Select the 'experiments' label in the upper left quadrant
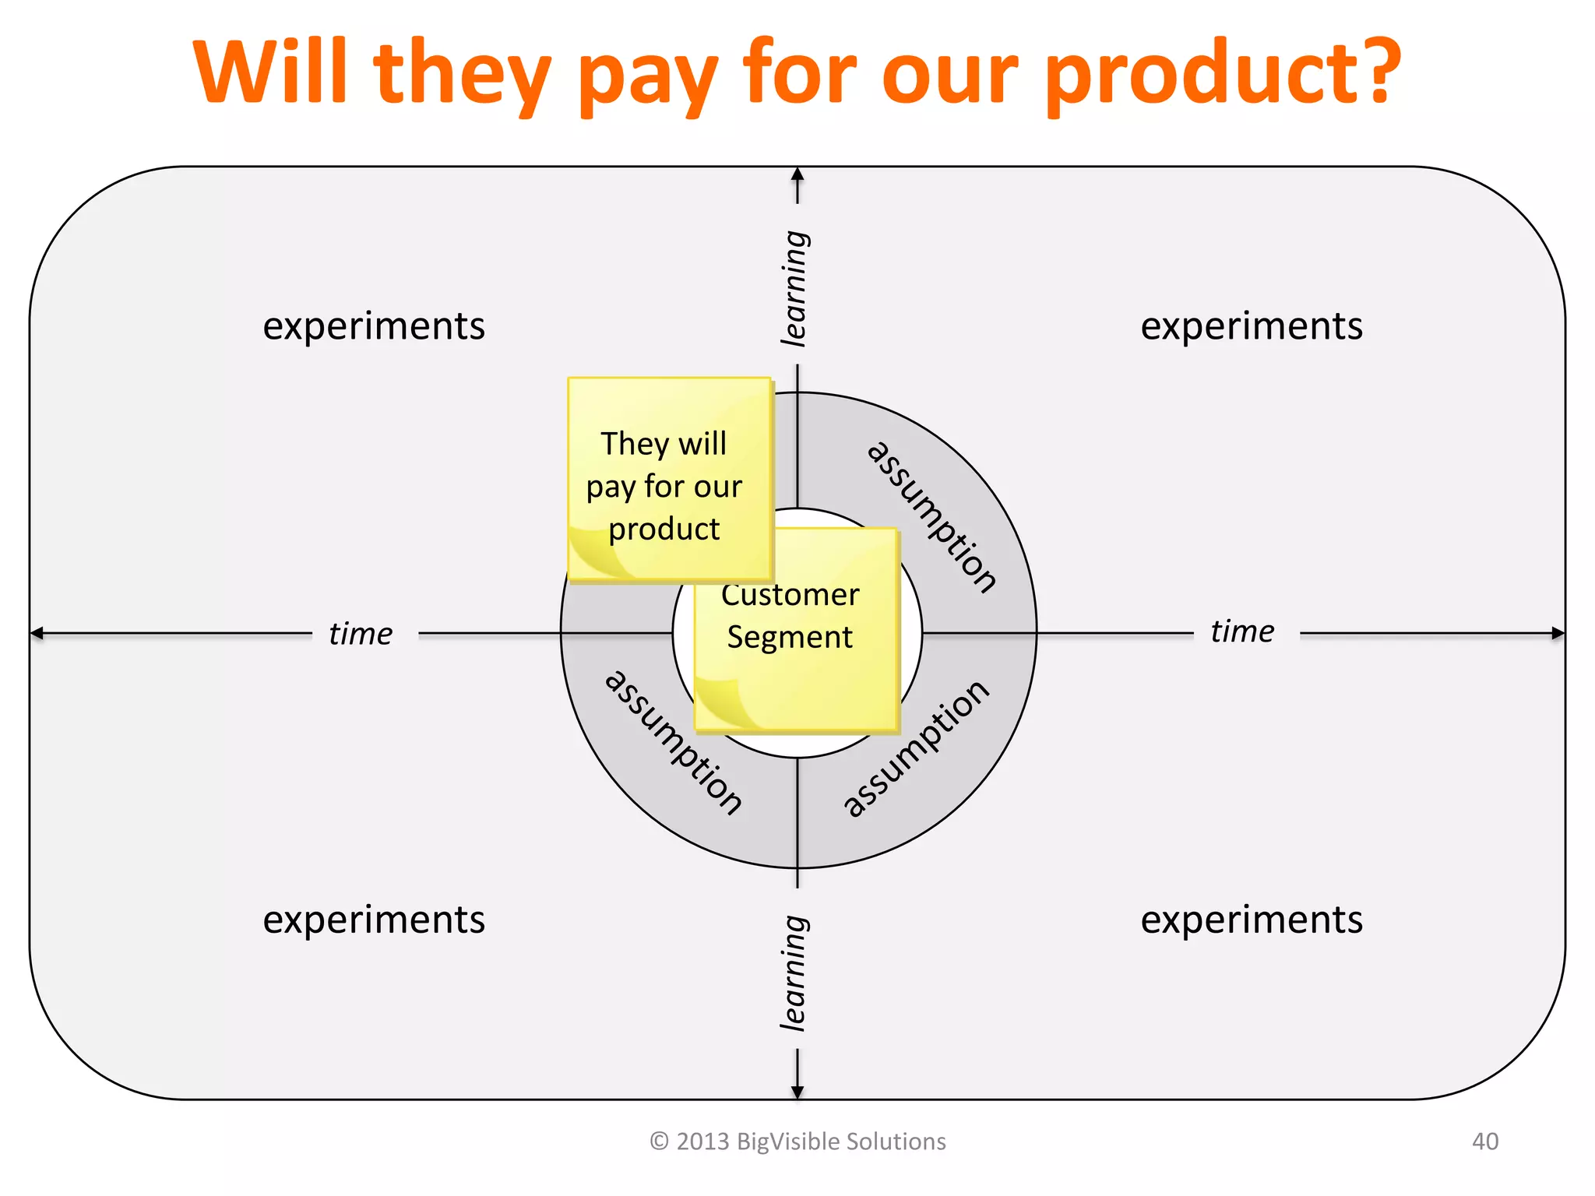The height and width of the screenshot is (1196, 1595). coord(374,325)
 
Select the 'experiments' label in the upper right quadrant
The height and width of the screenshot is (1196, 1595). coord(1252,325)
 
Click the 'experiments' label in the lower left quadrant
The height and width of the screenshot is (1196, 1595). coord(374,920)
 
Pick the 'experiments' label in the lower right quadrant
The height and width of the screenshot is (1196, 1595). coord(1252,920)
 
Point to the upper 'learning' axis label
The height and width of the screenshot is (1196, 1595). coord(795,288)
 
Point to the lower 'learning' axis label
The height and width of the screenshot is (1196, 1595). coord(795,973)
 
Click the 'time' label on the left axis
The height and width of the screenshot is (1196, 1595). coord(361,634)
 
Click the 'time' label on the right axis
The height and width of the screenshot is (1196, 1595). coord(1242,631)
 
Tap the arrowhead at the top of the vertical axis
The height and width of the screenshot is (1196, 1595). coord(797,174)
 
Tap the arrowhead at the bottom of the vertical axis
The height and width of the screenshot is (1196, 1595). coord(797,1092)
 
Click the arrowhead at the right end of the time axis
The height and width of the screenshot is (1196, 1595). coord(1557,633)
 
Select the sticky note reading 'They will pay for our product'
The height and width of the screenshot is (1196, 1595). coord(668,479)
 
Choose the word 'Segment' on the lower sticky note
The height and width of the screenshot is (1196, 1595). coord(790,638)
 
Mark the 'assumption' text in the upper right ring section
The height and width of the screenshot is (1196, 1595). coord(931,516)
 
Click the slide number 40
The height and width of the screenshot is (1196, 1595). coord(1484,1141)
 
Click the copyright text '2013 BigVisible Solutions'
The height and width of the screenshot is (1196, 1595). coord(810,1141)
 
